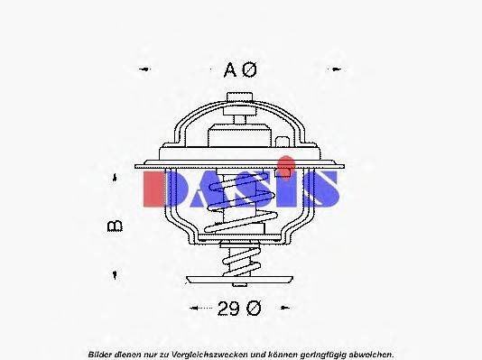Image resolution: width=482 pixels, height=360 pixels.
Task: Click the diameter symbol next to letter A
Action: [x=251, y=69]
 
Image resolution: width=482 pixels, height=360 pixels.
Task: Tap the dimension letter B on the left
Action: [x=116, y=226]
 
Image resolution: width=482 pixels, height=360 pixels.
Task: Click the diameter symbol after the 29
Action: [x=253, y=309]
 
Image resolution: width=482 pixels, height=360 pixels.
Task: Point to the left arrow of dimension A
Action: [x=144, y=69]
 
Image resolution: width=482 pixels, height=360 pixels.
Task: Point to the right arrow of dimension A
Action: [x=336, y=69]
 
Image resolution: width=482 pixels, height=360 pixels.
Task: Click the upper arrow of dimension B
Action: [x=115, y=179]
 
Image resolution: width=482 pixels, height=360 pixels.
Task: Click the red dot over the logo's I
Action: [x=285, y=164]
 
